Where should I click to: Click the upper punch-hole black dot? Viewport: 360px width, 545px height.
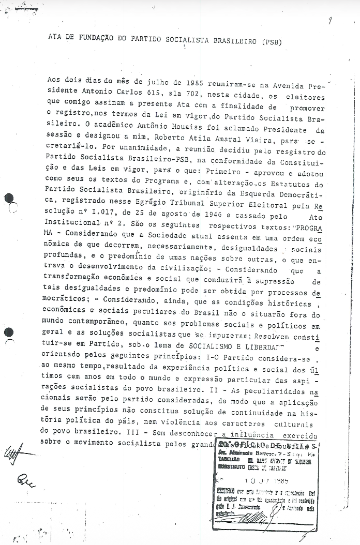coord(9,198)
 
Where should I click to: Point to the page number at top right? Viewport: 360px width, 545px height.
coord(329,20)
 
